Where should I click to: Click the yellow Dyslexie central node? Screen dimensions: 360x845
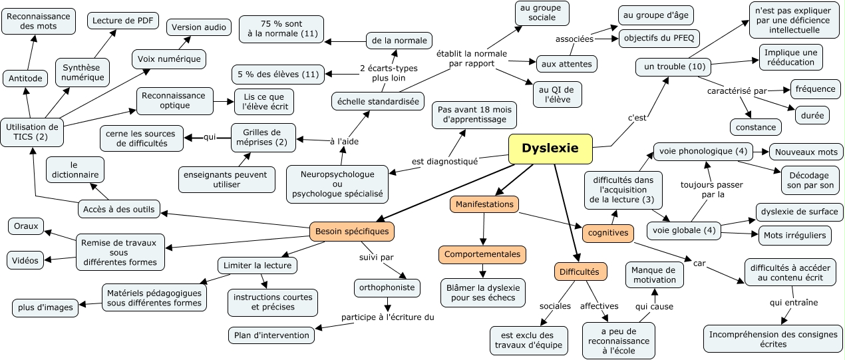550,148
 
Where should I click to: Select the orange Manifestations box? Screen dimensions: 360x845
484,204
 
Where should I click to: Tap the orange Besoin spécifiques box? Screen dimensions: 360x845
352,231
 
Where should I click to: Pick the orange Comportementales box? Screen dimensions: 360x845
482,254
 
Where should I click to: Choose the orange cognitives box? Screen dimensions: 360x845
608,233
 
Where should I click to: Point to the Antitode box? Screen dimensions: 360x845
26,79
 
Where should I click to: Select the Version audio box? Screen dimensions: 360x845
199,27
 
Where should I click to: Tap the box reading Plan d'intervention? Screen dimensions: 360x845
271,335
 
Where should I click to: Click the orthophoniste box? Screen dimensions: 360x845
387,287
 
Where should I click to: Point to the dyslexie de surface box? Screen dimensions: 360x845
800,212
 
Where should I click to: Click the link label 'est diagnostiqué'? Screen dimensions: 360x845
444,161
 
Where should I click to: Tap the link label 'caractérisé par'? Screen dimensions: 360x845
737,90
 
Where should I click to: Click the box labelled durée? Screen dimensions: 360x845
811,114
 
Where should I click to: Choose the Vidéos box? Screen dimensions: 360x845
25,260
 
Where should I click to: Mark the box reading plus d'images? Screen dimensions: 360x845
45,307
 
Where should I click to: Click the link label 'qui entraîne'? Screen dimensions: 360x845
794,302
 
